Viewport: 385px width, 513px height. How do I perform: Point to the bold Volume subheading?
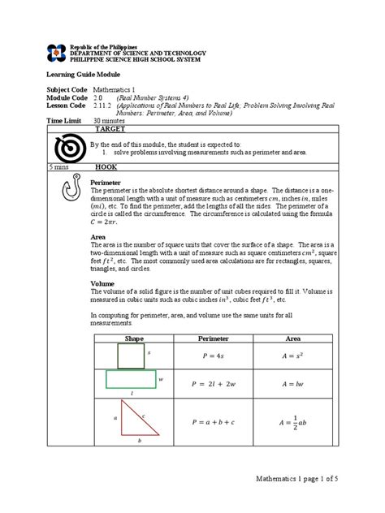102,284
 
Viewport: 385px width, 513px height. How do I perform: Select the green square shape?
129,356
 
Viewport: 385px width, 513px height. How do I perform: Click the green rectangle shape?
130,380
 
